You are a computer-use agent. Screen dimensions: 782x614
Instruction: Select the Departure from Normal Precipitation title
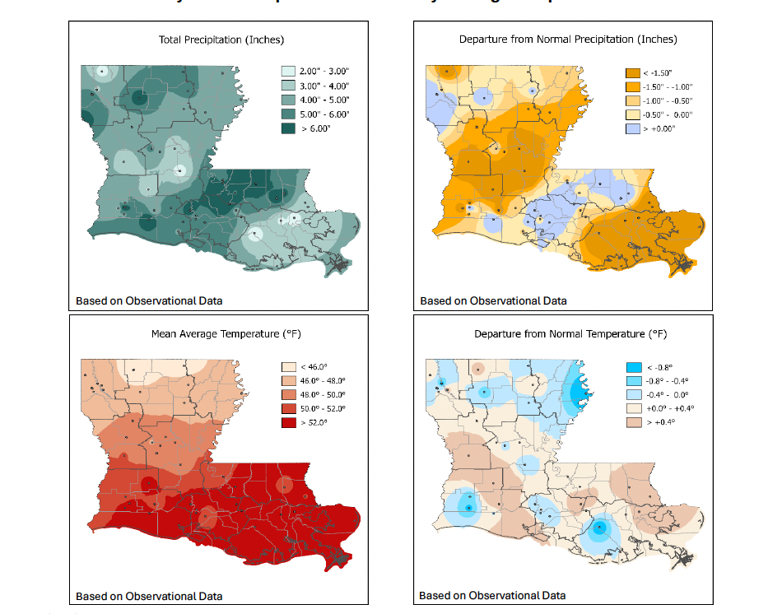click(567, 40)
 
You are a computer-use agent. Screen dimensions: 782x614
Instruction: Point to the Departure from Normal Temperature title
click(570, 334)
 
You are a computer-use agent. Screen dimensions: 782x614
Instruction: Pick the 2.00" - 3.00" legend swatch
click(289, 72)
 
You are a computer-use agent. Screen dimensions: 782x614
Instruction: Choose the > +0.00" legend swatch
click(632, 130)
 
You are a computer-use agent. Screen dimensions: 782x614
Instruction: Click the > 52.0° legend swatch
click(290, 422)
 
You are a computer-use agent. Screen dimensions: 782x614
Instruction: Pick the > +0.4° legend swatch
click(632, 423)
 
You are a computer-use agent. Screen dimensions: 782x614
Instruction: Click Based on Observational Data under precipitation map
click(149, 300)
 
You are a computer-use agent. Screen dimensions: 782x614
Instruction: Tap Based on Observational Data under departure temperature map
click(492, 595)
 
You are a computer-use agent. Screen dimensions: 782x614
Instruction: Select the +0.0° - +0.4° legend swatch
click(632, 409)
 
